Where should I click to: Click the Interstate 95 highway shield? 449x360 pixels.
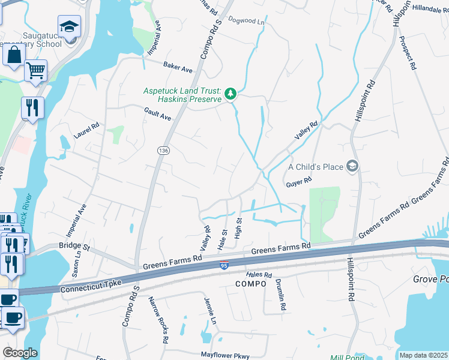223,265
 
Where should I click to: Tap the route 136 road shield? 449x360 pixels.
163,149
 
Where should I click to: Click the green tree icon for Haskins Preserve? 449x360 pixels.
231,94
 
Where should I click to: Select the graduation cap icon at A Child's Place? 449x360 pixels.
354,166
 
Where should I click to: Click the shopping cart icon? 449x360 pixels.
36,70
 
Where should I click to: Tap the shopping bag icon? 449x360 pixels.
14,55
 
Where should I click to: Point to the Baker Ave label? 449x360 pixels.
179,67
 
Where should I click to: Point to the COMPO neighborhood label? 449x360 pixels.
250,283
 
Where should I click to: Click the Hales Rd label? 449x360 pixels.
259,275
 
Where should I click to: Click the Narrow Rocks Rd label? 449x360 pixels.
158,320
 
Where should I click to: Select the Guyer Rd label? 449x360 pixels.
299,180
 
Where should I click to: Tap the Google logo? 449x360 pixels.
20,353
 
